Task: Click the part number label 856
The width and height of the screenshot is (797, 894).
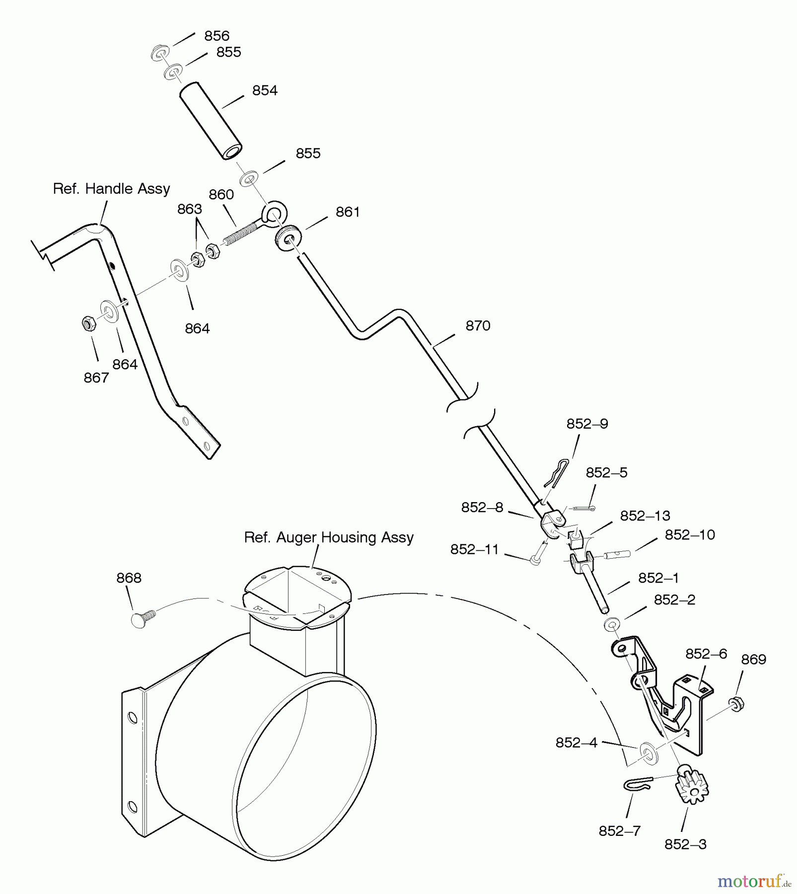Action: [x=217, y=36]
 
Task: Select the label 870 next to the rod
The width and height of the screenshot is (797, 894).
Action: [x=478, y=326]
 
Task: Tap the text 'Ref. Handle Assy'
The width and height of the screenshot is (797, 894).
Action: [x=111, y=189]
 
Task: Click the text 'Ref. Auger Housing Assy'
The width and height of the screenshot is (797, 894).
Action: [x=329, y=537]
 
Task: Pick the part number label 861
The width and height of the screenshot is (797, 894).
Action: [x=348, y=212]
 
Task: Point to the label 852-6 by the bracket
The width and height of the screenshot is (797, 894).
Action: [x=706, y=654]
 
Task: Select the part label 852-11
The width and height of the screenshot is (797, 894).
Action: [x=474, y=549]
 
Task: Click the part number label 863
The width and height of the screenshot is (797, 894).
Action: [x=190, y=209]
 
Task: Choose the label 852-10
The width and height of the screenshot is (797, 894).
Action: [x=689, y=535]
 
